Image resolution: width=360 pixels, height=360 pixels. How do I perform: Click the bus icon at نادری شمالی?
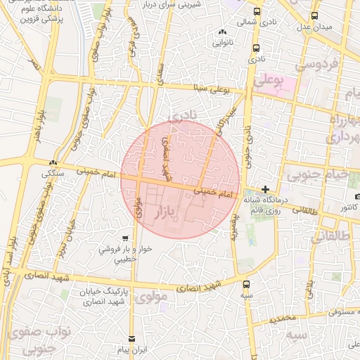[256, 12]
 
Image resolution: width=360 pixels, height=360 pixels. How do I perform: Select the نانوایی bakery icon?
[222, 31]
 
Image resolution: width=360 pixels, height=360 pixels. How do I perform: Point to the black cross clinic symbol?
[264, 189]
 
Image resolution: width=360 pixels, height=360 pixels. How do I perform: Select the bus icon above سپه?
[246, 284]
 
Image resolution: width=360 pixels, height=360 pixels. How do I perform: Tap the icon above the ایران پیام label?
[130, 339]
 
